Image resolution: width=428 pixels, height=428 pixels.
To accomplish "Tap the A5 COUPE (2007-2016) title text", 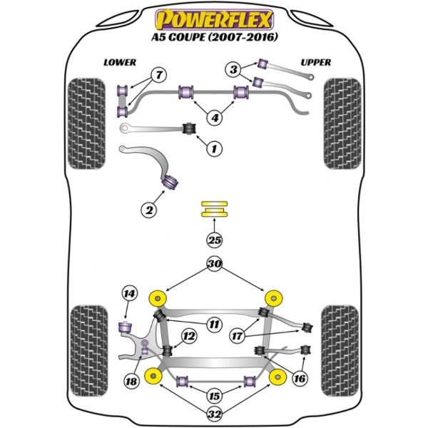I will (x=214, y=36).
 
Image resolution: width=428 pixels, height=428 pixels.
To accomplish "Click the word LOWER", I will (x=119, y=62).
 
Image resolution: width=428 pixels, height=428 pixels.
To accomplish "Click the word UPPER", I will (x=316, y=62).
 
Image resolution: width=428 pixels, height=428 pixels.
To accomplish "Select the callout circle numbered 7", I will (x=158, y=74).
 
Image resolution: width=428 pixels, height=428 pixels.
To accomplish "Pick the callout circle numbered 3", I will (x=234, y=69).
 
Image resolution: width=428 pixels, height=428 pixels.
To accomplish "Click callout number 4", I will (x=214, y=118).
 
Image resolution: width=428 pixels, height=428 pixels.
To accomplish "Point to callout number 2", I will (x=149, y=210).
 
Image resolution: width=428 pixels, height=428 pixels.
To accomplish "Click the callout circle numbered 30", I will (x=214, y=263).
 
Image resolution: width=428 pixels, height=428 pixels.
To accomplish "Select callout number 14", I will (x=128, y=292).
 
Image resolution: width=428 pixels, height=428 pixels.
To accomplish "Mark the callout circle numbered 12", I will (x=189, y=336).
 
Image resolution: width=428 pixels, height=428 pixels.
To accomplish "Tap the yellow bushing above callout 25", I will (x=214, y=210).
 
